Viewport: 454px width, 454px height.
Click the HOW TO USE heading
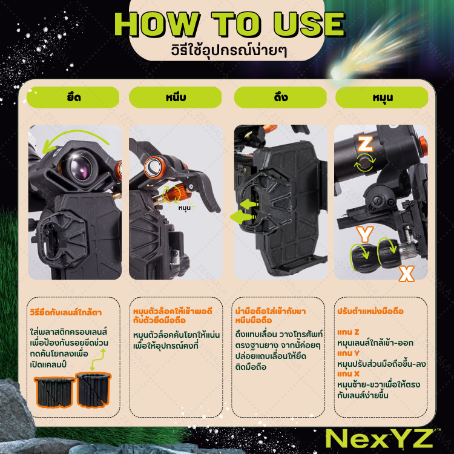tap(229, 24)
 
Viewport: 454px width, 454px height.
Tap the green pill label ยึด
tap(74, 97)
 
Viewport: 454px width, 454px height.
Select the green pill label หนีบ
tap(176, 97)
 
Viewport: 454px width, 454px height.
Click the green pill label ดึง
tap(280, 97)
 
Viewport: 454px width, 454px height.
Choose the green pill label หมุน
tap(381, 97)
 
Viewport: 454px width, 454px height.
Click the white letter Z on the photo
tap(365, 143)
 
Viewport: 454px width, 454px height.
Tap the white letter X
tap(407, 274)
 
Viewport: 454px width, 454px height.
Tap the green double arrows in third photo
tap(242, 210)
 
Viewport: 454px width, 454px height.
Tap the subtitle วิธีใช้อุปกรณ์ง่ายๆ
tap(228, 50)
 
